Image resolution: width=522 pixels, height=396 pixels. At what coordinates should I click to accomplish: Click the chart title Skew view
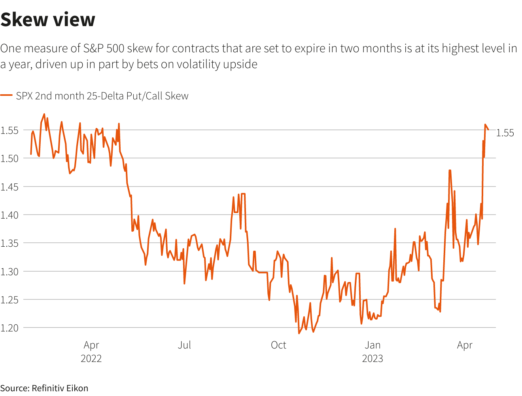(48, 19)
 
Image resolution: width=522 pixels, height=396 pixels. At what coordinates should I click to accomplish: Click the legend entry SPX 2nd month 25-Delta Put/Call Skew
(102, 96)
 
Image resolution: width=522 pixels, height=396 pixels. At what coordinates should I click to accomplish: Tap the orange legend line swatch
(6, 95)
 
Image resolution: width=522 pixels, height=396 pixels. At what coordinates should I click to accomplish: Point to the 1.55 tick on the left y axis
(9, 130)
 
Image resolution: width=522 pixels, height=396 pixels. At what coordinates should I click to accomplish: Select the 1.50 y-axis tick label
(9, 158)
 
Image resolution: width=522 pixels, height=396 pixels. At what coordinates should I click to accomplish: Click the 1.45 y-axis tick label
(9, 187)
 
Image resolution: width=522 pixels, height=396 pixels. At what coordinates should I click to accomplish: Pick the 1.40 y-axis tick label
(9, 215)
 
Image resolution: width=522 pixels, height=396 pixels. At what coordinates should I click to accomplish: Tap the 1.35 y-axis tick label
(9, 243)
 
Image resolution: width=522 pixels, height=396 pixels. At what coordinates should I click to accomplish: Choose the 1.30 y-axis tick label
(9, 272)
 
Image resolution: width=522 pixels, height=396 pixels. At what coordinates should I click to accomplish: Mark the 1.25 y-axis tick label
(9, 300)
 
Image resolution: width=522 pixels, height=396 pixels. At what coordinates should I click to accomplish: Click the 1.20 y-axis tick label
(9, 328)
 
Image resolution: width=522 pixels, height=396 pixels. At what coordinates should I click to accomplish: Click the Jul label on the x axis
(184, 345)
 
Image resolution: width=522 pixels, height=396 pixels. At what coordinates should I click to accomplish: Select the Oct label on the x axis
(278, 345)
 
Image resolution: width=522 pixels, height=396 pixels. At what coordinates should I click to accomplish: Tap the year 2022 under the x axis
(91, 358)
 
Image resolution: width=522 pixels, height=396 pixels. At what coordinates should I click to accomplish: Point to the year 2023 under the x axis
(373, 358)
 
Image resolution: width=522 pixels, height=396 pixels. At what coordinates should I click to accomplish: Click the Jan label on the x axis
(373, 345)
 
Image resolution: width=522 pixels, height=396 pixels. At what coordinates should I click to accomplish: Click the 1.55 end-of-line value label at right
(505, 133)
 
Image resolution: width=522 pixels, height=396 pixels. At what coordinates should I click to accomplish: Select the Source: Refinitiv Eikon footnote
(44, 388)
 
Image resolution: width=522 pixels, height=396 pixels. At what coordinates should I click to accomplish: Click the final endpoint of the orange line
(488, 129)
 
